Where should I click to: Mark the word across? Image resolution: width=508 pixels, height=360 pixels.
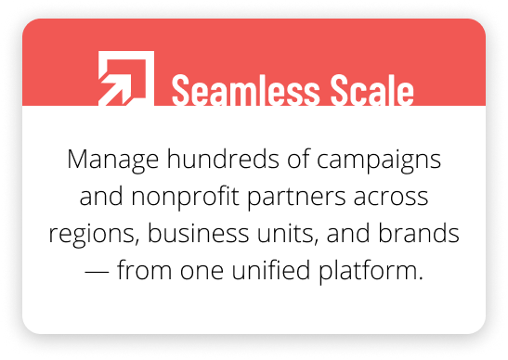pos(391,197)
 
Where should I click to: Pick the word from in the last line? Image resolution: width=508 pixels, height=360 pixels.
pos(135,272)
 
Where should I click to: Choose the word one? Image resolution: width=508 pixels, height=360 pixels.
pos(189,273)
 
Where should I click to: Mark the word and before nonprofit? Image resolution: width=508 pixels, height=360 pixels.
pos(99,197)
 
